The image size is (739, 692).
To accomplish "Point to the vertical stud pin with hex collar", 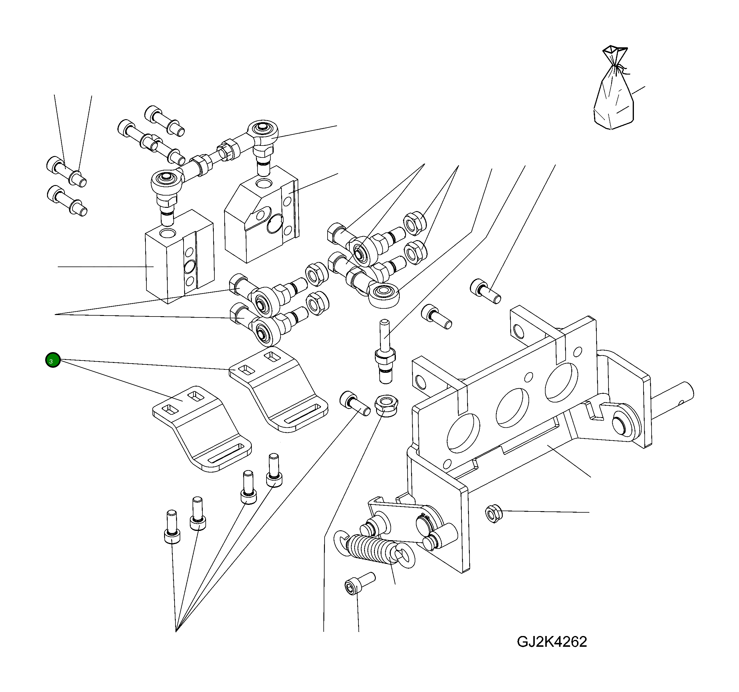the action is click(x=385, y=351).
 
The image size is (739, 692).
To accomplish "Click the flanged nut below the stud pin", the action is click(x=387, y=405).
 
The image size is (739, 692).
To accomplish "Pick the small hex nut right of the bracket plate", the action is click(x=494, y=514).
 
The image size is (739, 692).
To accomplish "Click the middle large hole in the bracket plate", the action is click(x=512, y=408).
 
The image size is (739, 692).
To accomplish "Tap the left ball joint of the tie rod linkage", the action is click(x=166, y=182).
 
